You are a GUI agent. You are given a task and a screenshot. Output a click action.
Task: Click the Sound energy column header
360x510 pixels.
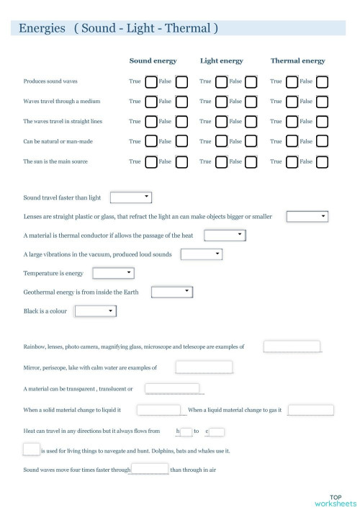(153, 61)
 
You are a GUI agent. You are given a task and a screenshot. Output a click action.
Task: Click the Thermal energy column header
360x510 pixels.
(297, 61)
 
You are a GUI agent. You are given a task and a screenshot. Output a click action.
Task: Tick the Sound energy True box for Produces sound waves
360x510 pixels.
(151, 81)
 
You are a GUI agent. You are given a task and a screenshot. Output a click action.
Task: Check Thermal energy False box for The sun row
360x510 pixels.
(322, 161)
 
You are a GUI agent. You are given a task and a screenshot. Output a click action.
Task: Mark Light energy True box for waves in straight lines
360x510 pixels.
(221, 122)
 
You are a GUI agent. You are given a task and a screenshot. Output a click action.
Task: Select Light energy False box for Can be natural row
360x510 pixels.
(251, 142)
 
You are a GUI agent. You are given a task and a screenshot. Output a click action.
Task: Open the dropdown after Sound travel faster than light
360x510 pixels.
(131, 197)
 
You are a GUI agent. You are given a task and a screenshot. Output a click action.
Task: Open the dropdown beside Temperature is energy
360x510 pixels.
(114, 273)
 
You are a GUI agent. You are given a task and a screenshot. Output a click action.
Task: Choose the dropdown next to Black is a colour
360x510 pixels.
(96, 310)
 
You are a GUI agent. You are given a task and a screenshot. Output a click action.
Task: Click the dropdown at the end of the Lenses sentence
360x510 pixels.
(307, 216)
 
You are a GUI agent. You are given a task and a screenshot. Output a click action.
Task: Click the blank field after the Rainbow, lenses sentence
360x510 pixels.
(292, 346)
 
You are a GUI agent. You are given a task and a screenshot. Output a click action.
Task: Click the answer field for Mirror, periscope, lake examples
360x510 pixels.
(204, 367)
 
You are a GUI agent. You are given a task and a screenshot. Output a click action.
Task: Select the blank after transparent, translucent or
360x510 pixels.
(172, 389)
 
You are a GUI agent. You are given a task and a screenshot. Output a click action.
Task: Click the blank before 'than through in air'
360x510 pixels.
(150, 470)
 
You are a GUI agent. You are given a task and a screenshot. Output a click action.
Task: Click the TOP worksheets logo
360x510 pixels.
(335, 499)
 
